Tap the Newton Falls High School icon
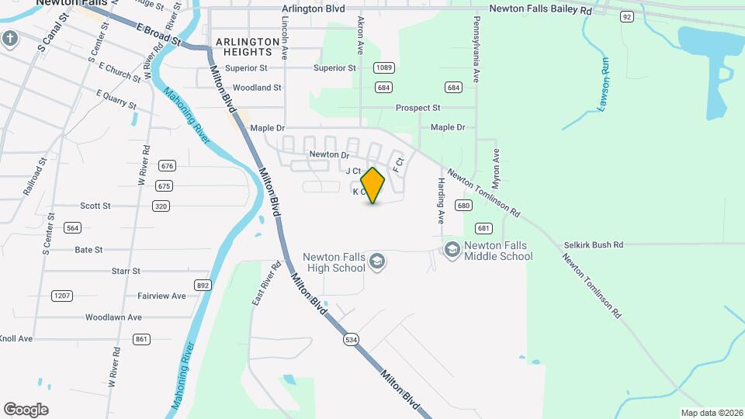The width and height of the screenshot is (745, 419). pyautogui.click(x=377, y=261)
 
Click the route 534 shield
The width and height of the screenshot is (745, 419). pyautogui.click(x=352, y=340)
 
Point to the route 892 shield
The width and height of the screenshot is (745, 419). pyautogui.click(x=203, y=286)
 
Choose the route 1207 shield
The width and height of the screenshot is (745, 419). pyautogui.click(x=61, y=296)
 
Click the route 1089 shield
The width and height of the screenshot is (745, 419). pyautogui.click(x=383, y=68)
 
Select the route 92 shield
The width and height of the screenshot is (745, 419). pyautogui.click(x=626, y=16)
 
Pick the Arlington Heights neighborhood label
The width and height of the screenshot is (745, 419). pyautogui.click(x=248, y=47)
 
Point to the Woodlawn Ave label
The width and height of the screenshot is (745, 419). pyautogui.click(x=113, y=317)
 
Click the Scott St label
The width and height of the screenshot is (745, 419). pyautogui.click(x=95, y=206)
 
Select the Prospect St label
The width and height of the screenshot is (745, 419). pyautogui.click(x=418, y=108)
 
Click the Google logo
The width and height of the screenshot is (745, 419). pyautogui.click(x=26, y=409)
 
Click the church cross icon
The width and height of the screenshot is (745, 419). pyautogui.click(x=9, y=38)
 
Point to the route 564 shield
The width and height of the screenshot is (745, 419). pyautogui.click(x=72, y=227)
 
